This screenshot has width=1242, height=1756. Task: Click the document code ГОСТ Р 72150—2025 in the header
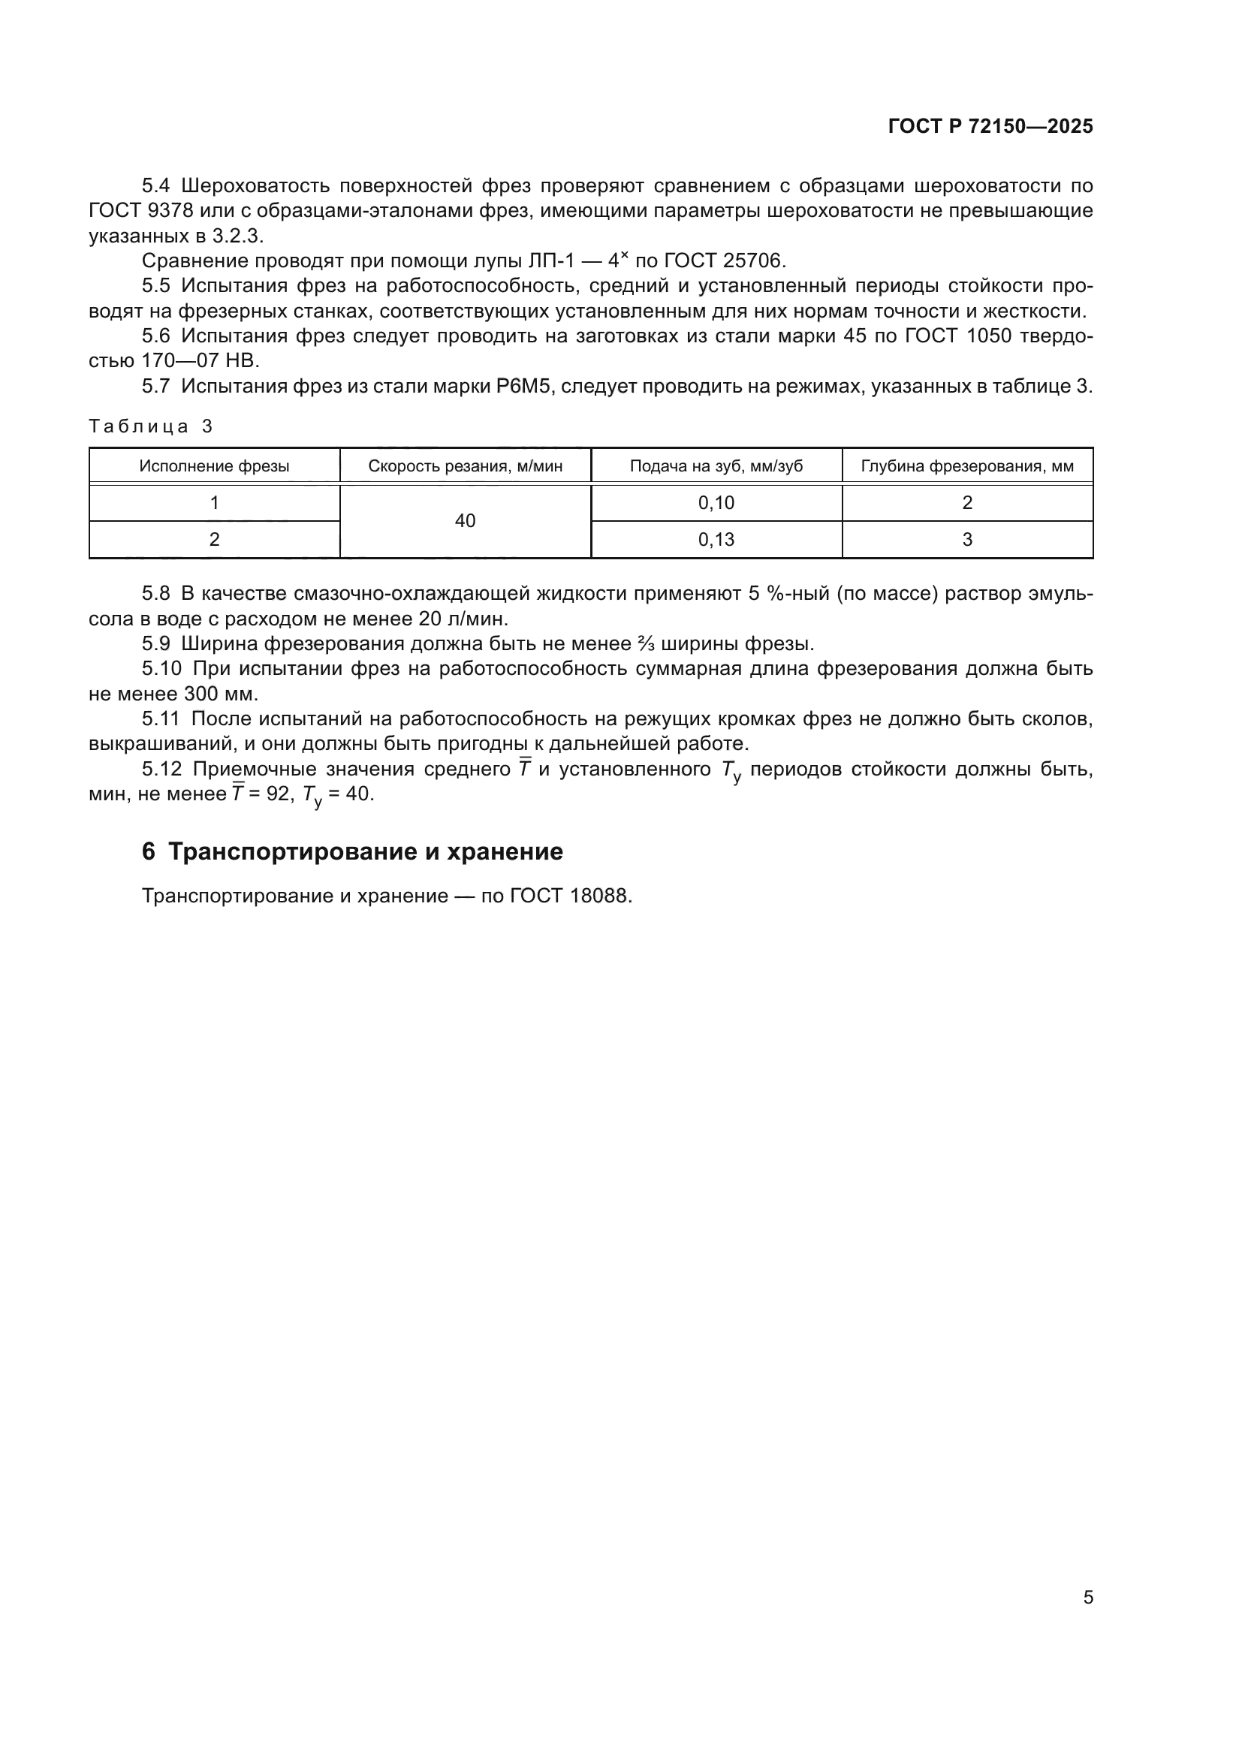990,127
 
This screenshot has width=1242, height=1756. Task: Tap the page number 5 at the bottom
1087,1598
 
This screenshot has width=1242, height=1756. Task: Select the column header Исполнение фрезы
214,466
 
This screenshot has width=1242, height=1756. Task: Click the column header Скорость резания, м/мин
465,466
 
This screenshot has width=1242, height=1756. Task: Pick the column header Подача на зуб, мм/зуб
716,466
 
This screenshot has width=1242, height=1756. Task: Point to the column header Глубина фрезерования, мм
966,466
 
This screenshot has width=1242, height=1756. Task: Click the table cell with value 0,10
716,503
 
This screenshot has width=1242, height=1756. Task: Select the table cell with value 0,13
716,540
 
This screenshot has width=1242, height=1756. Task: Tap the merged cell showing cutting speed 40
465,522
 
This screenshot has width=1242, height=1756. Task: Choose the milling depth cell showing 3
966,540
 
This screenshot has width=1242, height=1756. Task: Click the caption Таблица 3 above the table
151,426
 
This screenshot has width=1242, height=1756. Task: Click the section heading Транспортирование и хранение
365,852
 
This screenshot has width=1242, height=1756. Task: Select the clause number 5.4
156,186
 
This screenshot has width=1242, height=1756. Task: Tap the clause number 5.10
161,669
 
